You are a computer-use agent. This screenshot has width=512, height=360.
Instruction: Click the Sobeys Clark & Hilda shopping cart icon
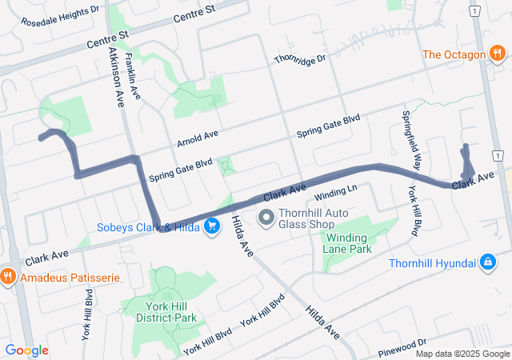point(212,226)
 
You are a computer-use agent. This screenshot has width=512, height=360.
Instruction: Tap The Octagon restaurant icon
point(498,54)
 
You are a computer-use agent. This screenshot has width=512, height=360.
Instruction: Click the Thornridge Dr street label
point(300,59)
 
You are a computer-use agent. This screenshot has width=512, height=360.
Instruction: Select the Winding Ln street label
point(335,193)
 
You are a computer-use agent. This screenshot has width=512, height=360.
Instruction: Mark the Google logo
point(26,350)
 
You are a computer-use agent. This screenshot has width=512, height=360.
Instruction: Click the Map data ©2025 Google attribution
point(462,354)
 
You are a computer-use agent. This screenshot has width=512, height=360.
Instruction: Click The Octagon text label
point(454,54)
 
